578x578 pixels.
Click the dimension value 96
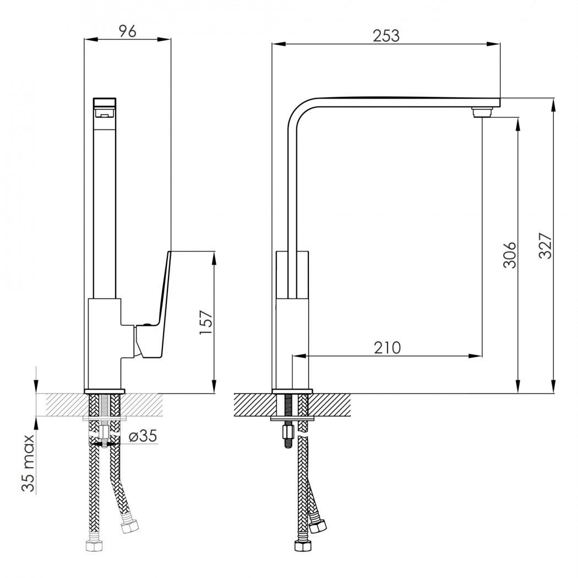(128, 31)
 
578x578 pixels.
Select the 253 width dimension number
(386, 36)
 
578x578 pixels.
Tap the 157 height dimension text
(206, 323)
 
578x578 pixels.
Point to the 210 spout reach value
(388, 347)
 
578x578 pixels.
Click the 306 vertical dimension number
(510, 255)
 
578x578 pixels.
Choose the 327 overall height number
(546, 246)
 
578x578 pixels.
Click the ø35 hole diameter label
(143, 436)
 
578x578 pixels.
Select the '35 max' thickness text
(28, 463)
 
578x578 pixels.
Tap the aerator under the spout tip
(482, 112)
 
